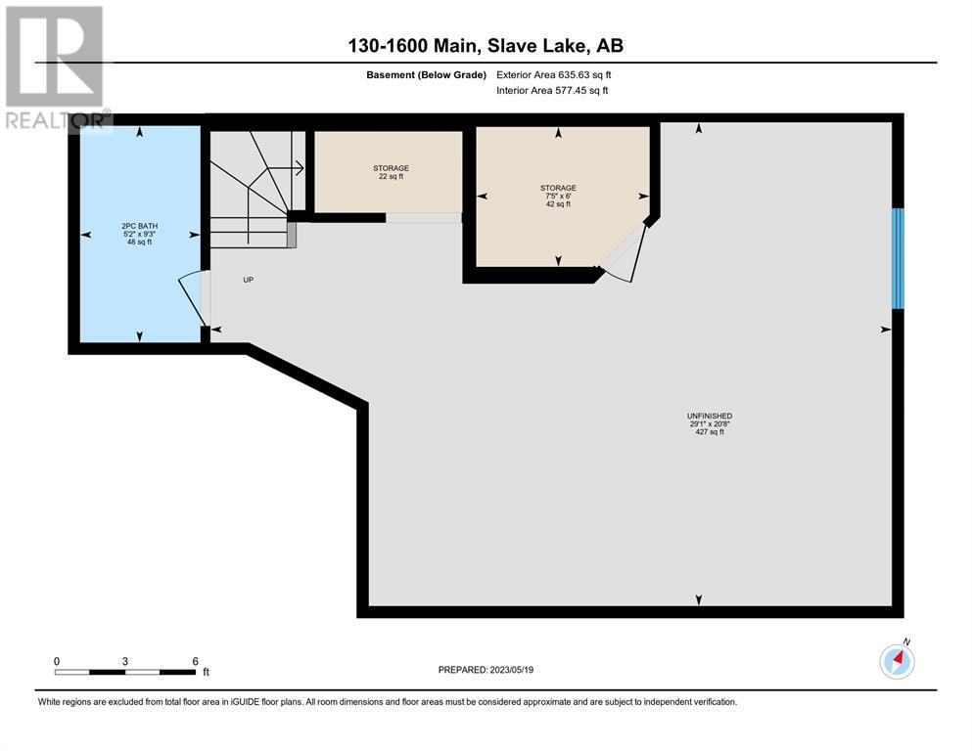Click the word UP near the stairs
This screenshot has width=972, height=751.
click(248, 280)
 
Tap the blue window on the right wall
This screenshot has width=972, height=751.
click(898, 258)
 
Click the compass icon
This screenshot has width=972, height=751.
click(897, 661)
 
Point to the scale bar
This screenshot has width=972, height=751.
click(124, 672)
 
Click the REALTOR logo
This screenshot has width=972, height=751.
click(57, 68)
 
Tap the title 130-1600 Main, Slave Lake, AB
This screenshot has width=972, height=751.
click(486, 46)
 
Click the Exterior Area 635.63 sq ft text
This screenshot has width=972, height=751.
click(554, 75)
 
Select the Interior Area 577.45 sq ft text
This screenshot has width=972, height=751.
click(552, 90)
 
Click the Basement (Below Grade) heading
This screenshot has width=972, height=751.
click(426, 75)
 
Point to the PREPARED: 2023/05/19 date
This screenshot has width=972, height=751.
click(486, 670)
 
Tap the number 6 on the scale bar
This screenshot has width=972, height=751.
click(195, 661)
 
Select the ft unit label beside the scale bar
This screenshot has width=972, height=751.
click(207, 672)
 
